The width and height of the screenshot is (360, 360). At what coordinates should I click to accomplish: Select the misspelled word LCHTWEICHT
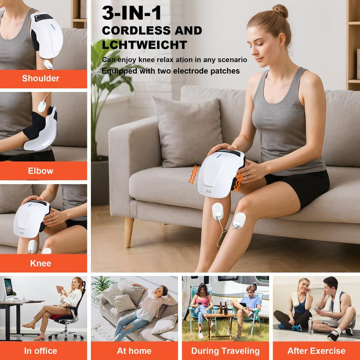click(x=144, y=45)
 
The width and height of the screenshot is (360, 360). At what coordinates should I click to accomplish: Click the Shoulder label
click(x=40, y=78)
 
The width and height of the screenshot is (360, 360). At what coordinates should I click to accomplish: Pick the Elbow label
click(x=40, y=171)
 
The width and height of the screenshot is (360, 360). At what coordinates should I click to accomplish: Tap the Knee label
click(x=40, y=263)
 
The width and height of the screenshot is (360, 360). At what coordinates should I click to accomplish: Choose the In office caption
click(x=40, y=351)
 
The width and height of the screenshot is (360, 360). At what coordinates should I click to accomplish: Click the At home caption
click(x=134, y=351)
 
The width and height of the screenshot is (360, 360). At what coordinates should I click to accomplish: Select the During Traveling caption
click(x=225, y=351)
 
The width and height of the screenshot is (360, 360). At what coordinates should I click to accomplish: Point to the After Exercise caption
click(x=316, y=351)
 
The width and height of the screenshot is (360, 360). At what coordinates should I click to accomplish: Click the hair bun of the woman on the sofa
click(x=280, y=11)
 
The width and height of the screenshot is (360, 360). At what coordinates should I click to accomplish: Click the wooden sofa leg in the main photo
click(x=129, y=231)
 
